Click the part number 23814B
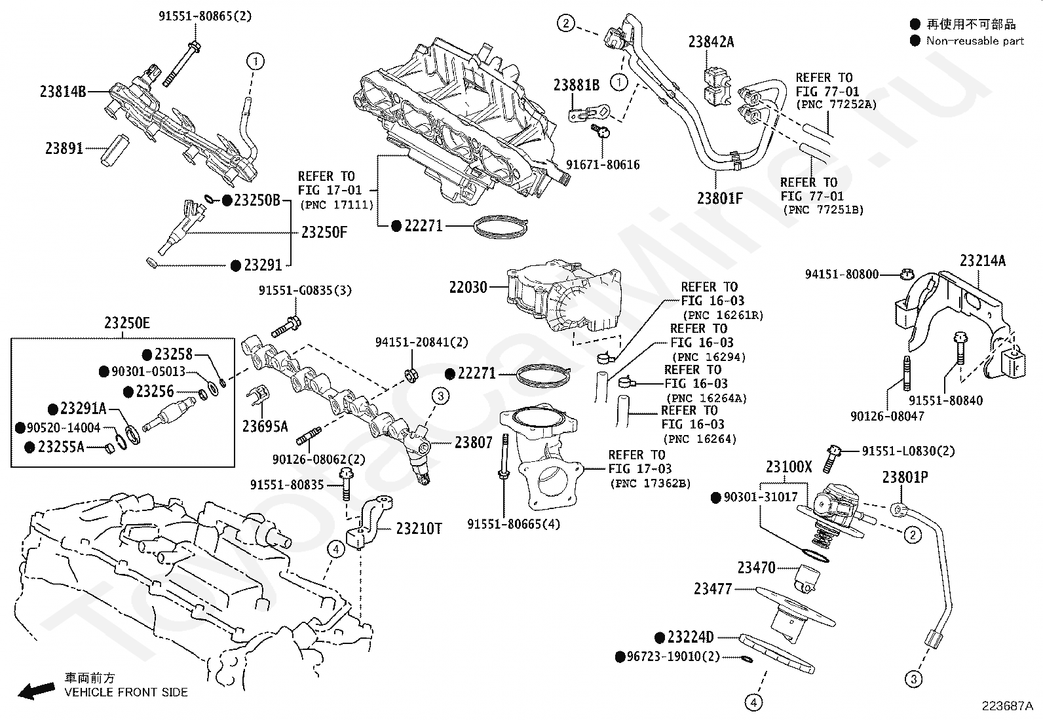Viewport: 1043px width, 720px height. coord(63,92)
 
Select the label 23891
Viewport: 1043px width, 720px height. coord(64,149)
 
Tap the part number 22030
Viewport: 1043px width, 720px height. coord(468,287)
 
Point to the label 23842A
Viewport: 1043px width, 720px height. coord(711,43)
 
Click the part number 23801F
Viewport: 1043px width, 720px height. coord(719,198)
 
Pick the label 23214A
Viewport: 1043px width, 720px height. coord(983,261)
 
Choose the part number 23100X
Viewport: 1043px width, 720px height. coord(789,467)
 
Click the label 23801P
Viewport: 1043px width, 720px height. coord(905,478)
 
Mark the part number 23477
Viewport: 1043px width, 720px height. coord(713,589)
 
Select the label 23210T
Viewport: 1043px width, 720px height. coord(419,528)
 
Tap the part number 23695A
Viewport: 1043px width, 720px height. coord(265,426)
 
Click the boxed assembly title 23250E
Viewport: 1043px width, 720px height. coord(127,323)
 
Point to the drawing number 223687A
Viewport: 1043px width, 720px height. coord(1007,706)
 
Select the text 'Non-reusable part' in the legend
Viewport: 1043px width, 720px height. coord(975,41)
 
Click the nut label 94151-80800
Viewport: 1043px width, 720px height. coord(842,275)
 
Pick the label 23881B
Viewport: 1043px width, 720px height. coord(577,85)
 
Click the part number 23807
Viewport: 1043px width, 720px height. coord(474,443)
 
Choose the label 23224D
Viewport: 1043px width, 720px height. coord(691,637)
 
